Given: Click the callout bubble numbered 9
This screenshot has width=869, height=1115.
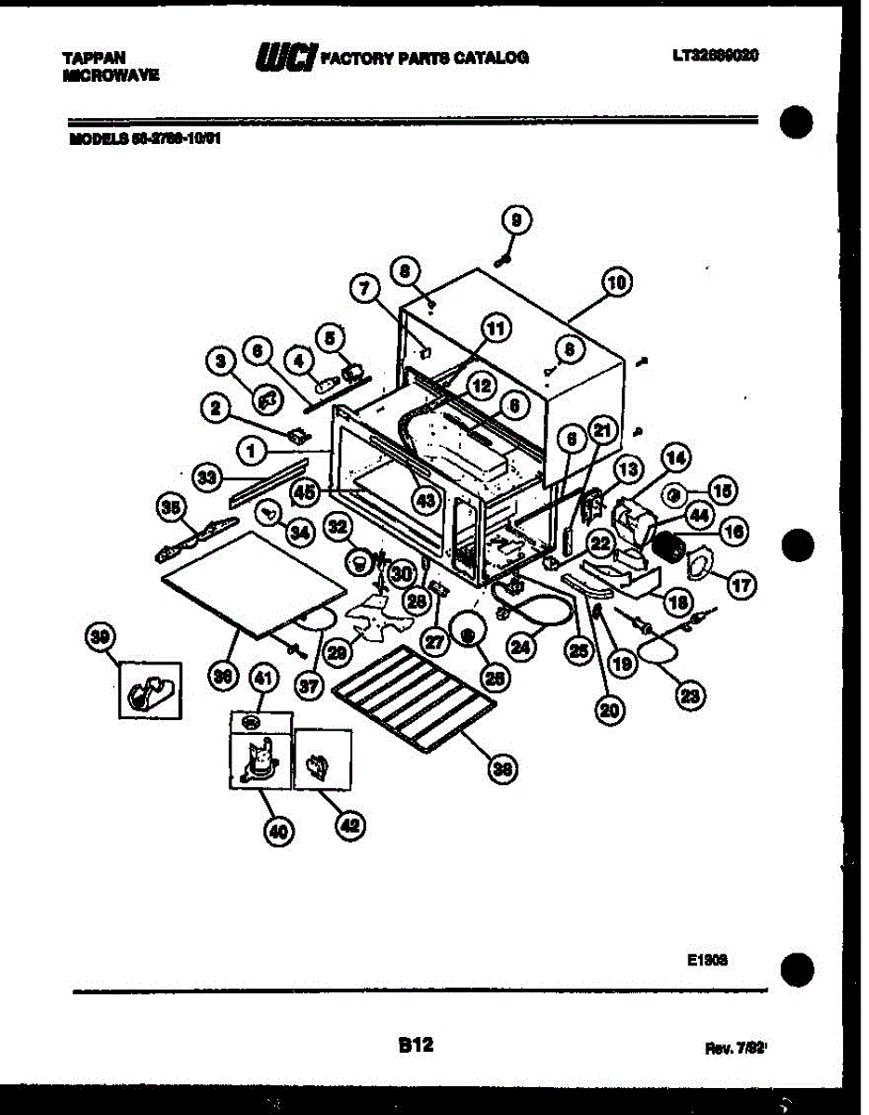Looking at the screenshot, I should (x=517, y=220).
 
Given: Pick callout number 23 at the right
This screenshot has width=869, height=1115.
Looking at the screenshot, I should (x=690, y=696).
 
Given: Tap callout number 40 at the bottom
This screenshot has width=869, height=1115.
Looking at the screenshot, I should (x=277, y=833).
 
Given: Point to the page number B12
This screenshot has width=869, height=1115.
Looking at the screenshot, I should (x=415, y=1045).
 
